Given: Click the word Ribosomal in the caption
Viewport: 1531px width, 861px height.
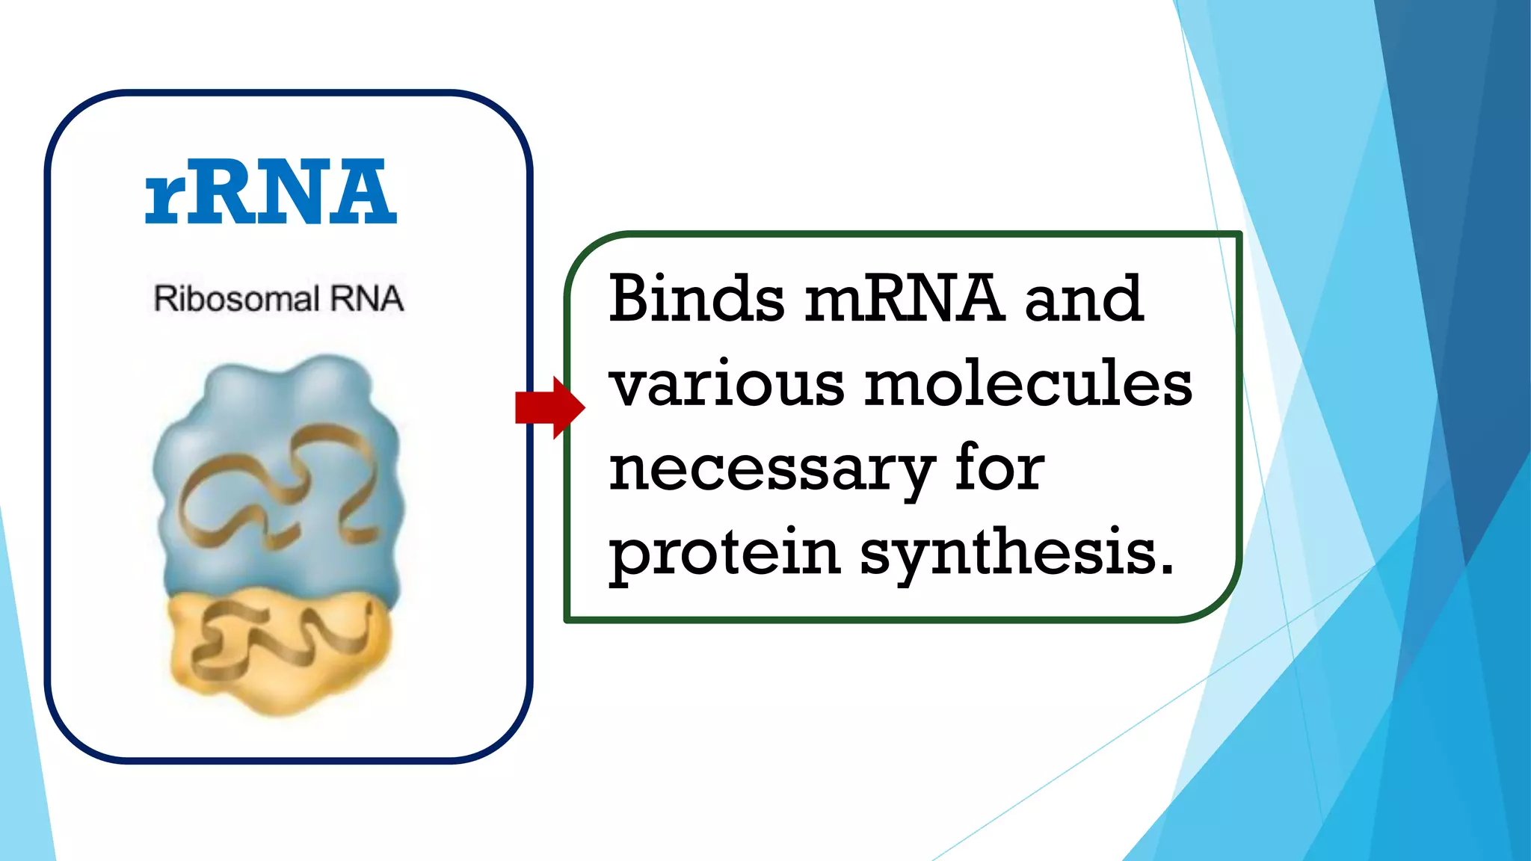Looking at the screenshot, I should pyautogui.click(x=236, y=299).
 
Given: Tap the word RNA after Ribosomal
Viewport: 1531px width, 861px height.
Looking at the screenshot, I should pyautogui.click(x=367, y=299).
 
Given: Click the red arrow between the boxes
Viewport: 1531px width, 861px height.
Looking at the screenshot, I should pyautogui.click(x=549, y=407).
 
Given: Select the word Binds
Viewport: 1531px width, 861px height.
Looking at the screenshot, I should pyautogui.click(x=696, y=298).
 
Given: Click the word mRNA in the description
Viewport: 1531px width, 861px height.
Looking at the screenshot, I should pyautogui.click(x=904, y=298).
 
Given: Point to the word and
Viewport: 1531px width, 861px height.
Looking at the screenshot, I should pyautogui.click(x=1083, y=298).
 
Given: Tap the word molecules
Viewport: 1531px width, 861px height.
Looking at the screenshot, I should pyautogui.click(x=1028, y=384).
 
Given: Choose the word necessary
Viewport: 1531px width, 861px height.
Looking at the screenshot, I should pyautogui.click(x=771, y=471).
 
